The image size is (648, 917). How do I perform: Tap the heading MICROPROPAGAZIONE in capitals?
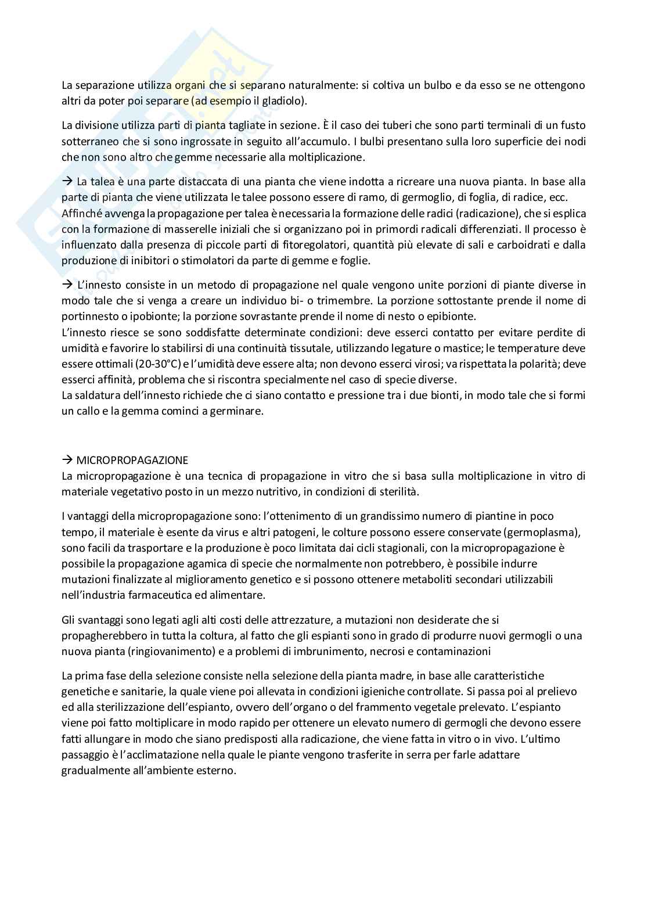[132, 460]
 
